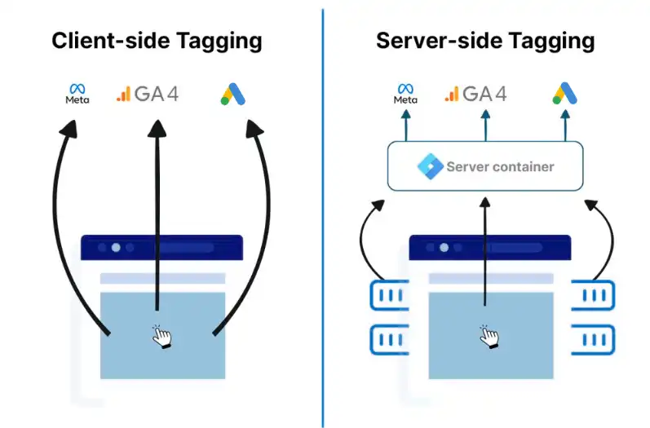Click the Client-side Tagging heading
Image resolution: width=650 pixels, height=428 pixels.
click(157, 41)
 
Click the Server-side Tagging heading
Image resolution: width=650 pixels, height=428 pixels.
click(485, 41)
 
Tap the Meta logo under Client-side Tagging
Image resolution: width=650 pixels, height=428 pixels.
click(77, 94)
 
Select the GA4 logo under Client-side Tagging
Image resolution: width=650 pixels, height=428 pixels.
click(147, 94)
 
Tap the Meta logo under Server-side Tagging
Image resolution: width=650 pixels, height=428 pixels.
click(405, 94)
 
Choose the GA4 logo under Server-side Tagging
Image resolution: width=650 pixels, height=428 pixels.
click(475, 94)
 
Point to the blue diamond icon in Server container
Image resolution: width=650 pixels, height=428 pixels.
click(429, 166)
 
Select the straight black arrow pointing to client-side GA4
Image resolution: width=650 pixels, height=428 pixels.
click(157, 220)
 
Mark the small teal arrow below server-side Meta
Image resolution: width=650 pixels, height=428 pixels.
click(405, 126)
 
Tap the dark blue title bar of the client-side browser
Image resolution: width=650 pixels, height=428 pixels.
click(161, 247)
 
